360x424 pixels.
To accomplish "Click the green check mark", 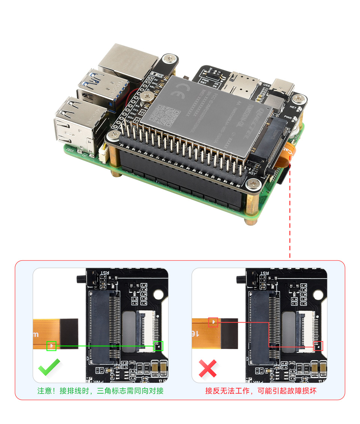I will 49,368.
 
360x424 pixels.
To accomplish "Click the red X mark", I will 208,368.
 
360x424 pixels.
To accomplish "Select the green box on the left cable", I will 51,346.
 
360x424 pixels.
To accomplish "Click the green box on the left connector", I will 159,346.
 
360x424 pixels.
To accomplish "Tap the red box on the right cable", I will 213,322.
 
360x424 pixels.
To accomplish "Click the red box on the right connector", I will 318,346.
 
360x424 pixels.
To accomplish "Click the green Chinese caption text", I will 100,391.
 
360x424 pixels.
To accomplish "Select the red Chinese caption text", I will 261,391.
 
